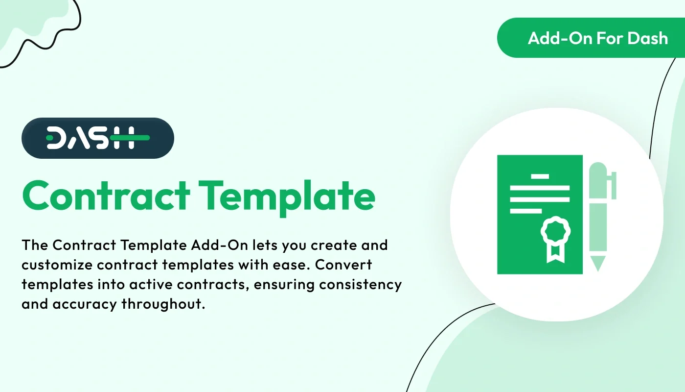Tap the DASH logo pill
(98, 138)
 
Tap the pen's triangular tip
(597, 263)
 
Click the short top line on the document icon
(540, 175)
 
